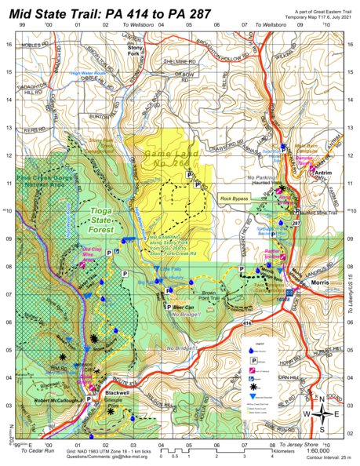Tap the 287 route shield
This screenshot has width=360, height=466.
click(x=296, y=224)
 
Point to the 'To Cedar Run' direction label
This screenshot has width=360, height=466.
click(x=38, y=452)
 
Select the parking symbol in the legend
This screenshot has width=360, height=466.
click(x=252, y=357)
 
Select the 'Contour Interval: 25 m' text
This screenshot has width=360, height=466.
click(x=317, y=458)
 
